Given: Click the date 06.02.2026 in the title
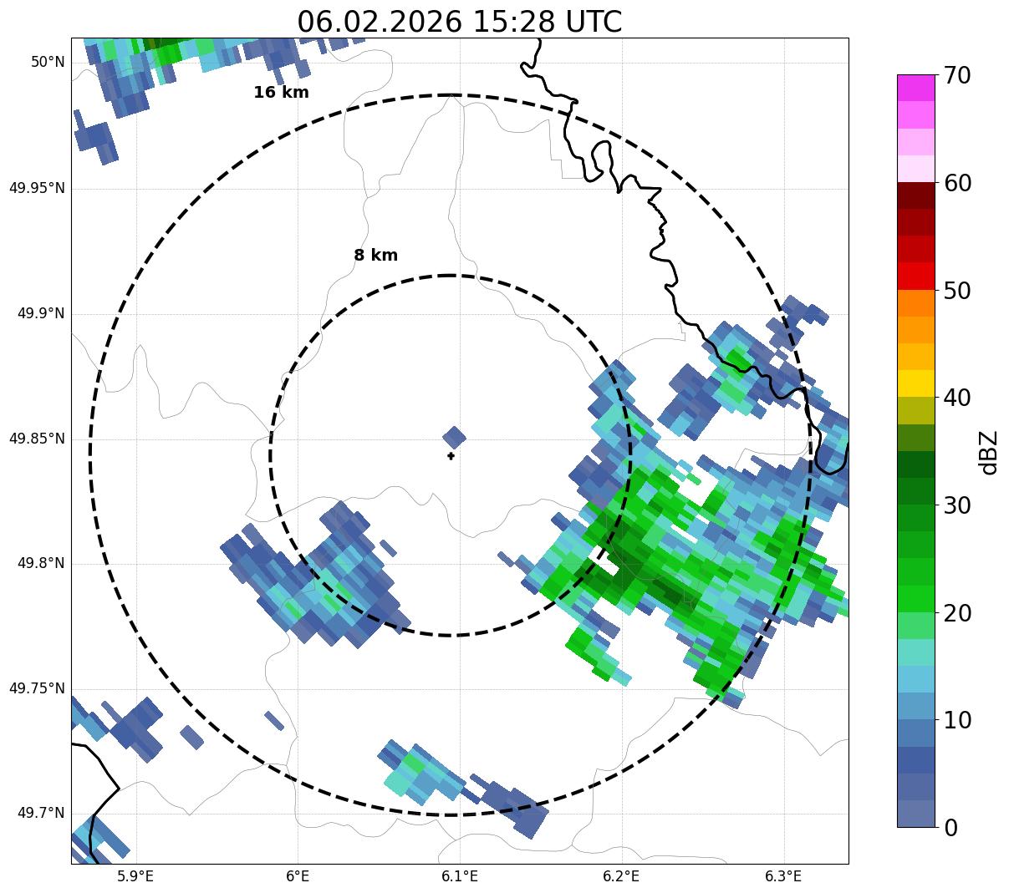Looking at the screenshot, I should [379, 22].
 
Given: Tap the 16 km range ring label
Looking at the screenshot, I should [281, 93].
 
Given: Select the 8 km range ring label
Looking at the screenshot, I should [375, 256].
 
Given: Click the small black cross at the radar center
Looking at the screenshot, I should [451, 456].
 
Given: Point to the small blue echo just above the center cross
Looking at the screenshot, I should [454, 437].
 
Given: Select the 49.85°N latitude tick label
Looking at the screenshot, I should [37, 439].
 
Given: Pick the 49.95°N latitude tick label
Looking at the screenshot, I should [37, 188].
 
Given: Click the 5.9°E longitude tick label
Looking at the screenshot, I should [135, 876].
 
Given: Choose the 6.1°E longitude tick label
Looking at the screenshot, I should [460, 876].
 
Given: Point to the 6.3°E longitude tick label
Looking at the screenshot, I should [783, 876].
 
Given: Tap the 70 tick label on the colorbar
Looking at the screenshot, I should [956, 75].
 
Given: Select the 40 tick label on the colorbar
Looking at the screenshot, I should [956, 398].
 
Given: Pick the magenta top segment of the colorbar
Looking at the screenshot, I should [916, 88].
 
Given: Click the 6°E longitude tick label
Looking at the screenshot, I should [298, 876].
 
